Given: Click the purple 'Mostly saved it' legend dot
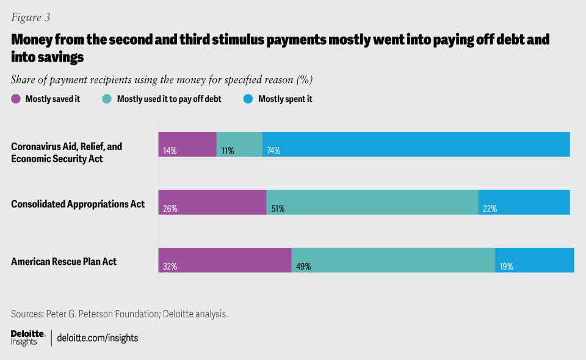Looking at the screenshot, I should (x=16, y=99).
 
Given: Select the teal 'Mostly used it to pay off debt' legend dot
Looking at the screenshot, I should (x=107, y=99).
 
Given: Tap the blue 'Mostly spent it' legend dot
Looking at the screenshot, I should (x=248, y=99).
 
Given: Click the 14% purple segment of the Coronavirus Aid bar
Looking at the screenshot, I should (x=187, y=144).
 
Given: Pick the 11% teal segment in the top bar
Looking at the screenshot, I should (x=239, y=144).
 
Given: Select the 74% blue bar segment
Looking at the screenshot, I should (x=416, y=144).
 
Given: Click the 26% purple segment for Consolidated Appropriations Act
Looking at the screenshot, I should (x=212, y=202).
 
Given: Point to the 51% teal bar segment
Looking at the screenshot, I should (x=372, y=202).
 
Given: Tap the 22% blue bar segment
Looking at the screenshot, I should (x=524, y=202).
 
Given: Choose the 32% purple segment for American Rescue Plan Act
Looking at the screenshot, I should (x=225, y=260).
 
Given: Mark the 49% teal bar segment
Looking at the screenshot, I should (x=393, y=260).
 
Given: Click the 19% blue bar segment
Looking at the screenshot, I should (x=534, y=260).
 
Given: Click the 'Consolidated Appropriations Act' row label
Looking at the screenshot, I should (x=78, y=204).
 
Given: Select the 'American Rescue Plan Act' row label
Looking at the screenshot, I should (x=64, y=262).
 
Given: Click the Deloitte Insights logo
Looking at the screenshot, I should (x=28, y=337).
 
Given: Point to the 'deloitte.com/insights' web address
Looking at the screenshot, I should (x=98, y=337).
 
